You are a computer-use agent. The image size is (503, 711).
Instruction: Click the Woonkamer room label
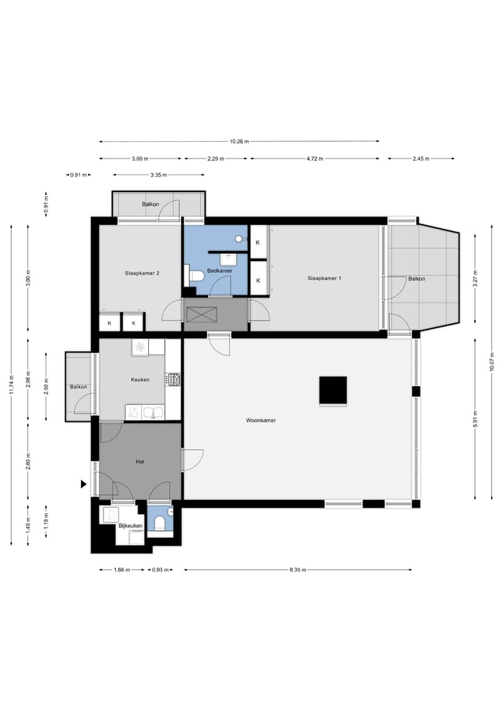tap(261, 421)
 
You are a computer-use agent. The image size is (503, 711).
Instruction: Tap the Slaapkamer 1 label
tap(324, 279)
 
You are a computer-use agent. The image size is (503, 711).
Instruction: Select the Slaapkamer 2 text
tap(142, 273)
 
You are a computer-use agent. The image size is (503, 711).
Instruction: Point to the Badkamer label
tap(219, 270)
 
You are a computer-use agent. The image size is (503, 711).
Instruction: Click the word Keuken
tap(140, 380)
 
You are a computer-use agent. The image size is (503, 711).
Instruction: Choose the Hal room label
tap(140, 462)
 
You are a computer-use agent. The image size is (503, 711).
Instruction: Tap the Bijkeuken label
tap(131, 525)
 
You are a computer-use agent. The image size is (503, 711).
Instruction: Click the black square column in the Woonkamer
tap(333, 390)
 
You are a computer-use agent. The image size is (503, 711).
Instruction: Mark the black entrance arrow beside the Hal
tap(84, 484)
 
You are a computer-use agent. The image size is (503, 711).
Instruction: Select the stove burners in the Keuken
tap(173, 379)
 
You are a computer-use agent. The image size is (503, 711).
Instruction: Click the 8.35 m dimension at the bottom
tap(298, 570)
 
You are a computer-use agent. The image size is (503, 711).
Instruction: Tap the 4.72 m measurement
tap(315, 159)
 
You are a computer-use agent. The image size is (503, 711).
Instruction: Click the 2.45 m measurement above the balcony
tap(421, 159)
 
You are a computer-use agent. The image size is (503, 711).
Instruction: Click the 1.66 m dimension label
tap(122, 570)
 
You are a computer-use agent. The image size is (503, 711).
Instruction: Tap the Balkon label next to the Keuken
tap(78, 387)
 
